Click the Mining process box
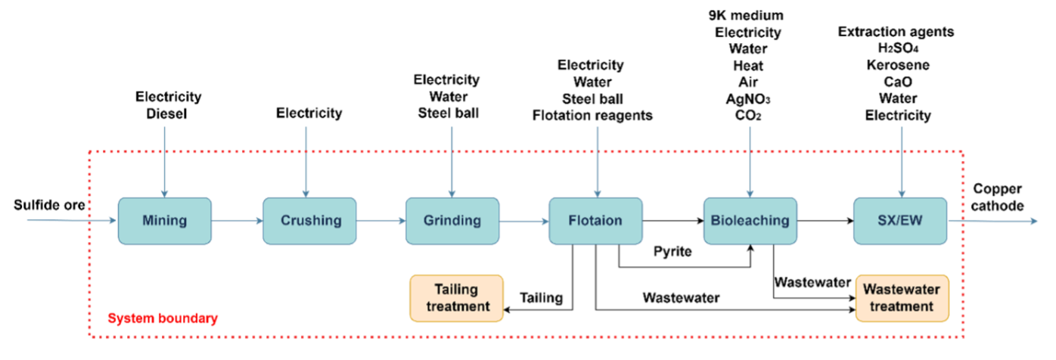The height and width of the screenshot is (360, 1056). tap(164, 221)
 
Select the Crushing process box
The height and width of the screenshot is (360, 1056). tap(309, 221)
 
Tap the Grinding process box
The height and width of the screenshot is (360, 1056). tap(452, 221)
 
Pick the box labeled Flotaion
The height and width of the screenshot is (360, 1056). tap(595, 221)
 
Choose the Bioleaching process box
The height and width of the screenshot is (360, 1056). tap(750, 221)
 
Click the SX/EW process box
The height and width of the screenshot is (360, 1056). tap(900, 221)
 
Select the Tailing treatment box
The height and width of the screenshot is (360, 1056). tap(457, 298)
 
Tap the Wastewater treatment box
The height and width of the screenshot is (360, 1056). tap(902, 298)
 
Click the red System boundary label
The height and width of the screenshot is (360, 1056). tap(163, 318)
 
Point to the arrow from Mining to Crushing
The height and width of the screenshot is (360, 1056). tap(238, 221)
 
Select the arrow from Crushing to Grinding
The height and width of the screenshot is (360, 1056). tap(381, 221)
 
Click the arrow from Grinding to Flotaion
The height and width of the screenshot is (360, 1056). tap(523, 222)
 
